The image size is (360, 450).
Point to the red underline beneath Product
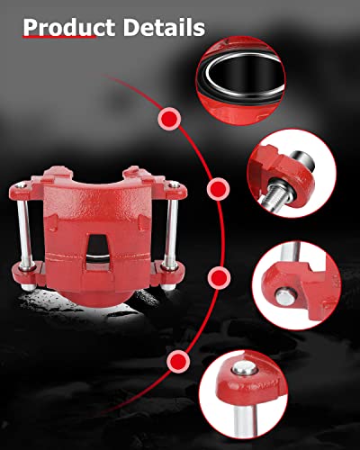58,40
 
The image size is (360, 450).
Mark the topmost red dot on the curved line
168,117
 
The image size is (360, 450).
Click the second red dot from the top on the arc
217,190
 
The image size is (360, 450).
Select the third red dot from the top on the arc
217,275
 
